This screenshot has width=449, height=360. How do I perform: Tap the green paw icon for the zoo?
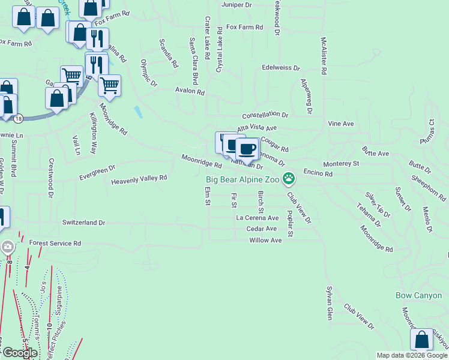tap(289, 178)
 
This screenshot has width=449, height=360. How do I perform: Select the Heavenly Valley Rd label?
tap(139, 178)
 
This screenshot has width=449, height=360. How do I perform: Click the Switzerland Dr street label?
tap(83, 223)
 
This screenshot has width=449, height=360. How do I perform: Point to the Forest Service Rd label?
tap(55, 244)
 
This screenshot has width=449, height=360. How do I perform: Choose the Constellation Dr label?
tap(265, 115)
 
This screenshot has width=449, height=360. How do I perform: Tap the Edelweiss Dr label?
tap(280, 67)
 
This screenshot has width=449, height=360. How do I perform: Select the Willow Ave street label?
tap(265, 240)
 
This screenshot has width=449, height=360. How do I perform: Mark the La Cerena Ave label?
tap(258, 218)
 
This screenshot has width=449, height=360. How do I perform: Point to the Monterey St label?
tap(340, 163)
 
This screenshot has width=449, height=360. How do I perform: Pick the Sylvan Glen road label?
tap(329, 303)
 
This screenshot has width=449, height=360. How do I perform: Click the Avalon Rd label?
tap(190, 92)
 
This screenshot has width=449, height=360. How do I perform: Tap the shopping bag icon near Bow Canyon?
tap(421, 340)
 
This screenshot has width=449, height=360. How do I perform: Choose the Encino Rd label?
tap(318, 173)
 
